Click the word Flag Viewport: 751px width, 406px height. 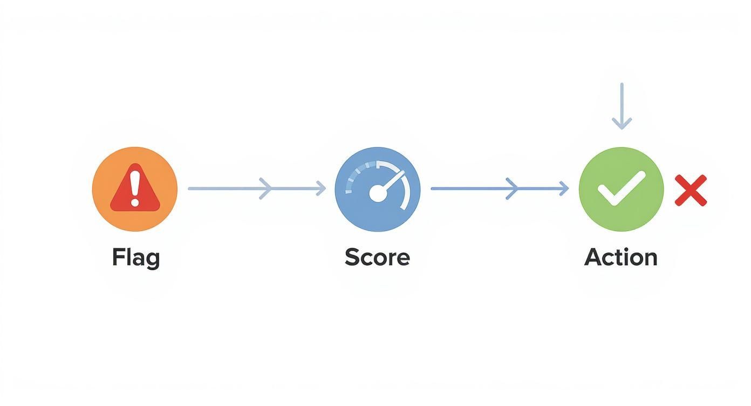coord(136,258)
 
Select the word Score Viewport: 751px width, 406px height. coord(377,258)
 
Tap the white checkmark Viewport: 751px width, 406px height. coord(621,189)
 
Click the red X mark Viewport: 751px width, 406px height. coord(691,190)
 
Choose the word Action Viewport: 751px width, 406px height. coord(620,258)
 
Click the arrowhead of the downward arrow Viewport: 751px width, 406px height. coord(622,124)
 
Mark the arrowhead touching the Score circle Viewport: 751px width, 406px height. coord(322,188)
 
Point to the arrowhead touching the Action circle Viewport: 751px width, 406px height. coord(564,188)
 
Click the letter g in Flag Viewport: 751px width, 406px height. coord(153,260)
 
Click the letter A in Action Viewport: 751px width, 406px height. coord(593,258)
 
